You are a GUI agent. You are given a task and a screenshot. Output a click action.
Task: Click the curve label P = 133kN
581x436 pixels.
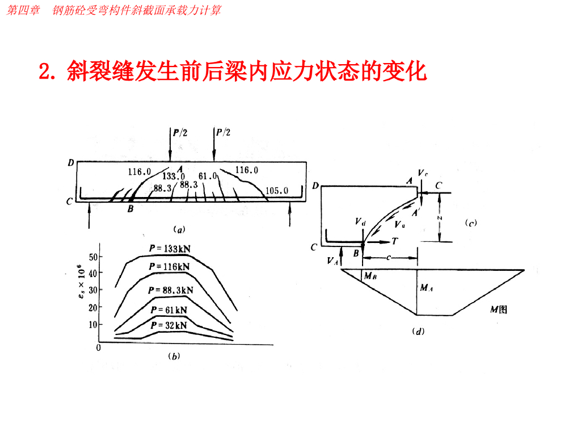click(x=171, y=248)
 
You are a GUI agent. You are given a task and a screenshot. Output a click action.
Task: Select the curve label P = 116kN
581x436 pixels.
click(x=171, y=266)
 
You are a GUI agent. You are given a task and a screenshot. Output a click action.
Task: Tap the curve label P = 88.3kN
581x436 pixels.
click(x=171, y=290)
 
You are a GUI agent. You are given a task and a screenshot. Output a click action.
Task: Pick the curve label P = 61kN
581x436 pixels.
click(x=169, y=310)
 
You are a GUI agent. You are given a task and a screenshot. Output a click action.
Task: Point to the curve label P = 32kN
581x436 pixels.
click(x=169, y=325)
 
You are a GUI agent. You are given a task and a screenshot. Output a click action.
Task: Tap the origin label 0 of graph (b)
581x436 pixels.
click(x=98, y=347)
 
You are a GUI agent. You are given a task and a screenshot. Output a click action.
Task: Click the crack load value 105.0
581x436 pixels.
click(x=277, y=191)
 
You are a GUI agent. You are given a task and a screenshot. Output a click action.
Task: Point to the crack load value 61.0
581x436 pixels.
click(x=208, y=177)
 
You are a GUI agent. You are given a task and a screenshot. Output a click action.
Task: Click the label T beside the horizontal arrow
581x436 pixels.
click(x=394, y=241)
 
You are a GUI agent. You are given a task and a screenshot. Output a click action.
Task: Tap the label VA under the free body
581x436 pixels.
click(x=333, y=261)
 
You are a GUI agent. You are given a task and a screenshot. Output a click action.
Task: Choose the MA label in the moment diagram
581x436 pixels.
click(x=427, y=288)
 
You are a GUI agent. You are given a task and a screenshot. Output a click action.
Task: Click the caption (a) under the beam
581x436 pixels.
click(x=179, y=230)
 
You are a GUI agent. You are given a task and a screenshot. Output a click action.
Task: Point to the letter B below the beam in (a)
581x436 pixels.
click(x=130, y=209)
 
